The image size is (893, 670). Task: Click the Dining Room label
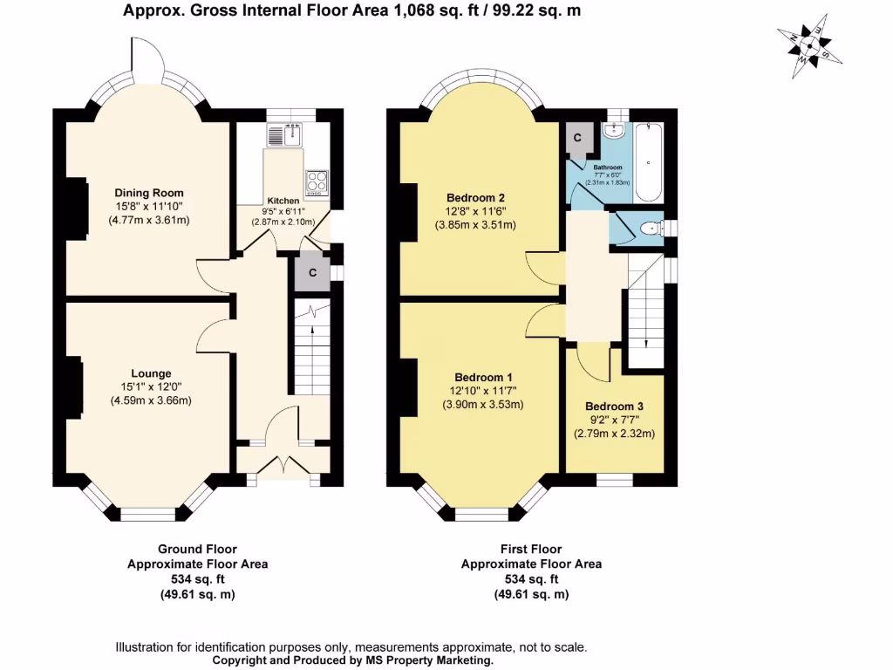tap(149, 193)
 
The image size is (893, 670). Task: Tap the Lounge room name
tap(151, 373)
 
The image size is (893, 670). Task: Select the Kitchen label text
tap(283, 201)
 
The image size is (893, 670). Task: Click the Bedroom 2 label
tap(475, 198)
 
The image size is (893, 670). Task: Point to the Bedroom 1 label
tap(483, 377)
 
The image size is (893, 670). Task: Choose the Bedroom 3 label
tap(614, 407)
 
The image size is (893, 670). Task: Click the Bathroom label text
tap(608, 167)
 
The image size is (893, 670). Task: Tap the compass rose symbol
tap(809, 47)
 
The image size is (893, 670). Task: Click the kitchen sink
tap(286, 134)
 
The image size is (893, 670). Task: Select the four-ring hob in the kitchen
tap(317, 183)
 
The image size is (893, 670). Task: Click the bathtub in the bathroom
tap(648, 161)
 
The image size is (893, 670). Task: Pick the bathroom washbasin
tap(614, 130)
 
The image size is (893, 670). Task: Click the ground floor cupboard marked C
tap(312, 272)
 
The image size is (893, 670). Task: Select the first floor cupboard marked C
tap(577, 138)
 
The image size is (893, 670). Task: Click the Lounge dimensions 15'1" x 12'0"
tap(151, 386)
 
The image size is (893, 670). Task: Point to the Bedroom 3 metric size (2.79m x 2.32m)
tap(614, 434)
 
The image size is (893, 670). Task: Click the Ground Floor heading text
tap(197, 550)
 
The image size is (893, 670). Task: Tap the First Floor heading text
tap(531, 550)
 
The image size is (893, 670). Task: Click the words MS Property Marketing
tap(430, 661)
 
